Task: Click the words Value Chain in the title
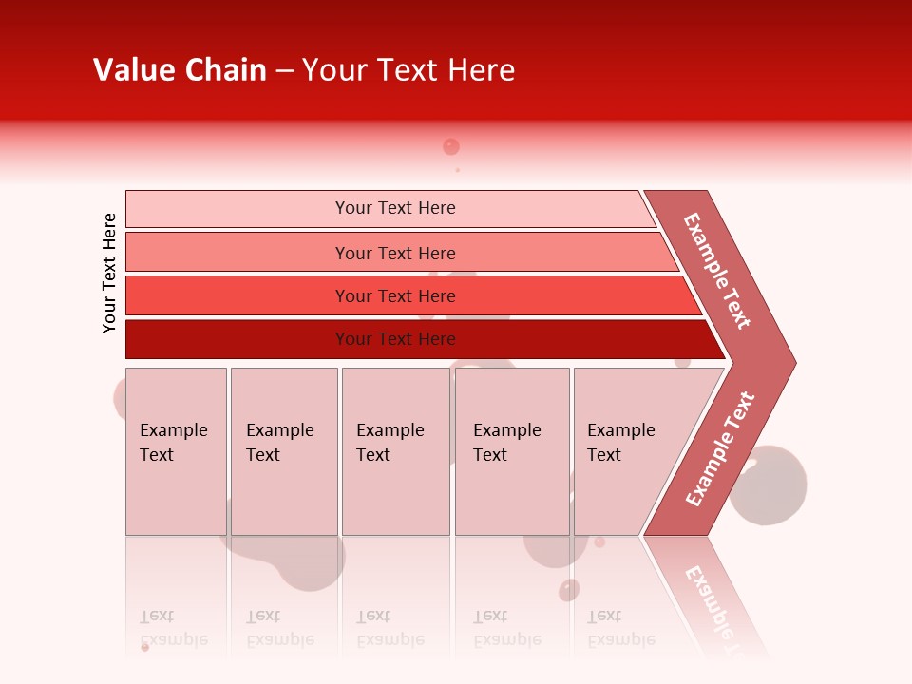pos(180,70)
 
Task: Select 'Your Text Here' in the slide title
pos(408,70)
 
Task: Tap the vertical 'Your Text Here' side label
pos(109,273)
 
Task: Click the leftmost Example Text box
pos(176,451)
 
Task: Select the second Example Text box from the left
pos(284,451)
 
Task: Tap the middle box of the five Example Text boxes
pos(395,451)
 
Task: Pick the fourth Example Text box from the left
pos(512,451)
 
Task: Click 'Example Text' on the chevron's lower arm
pos(720,449)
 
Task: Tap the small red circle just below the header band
pos(451,146)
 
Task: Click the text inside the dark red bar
pos(395,339)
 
